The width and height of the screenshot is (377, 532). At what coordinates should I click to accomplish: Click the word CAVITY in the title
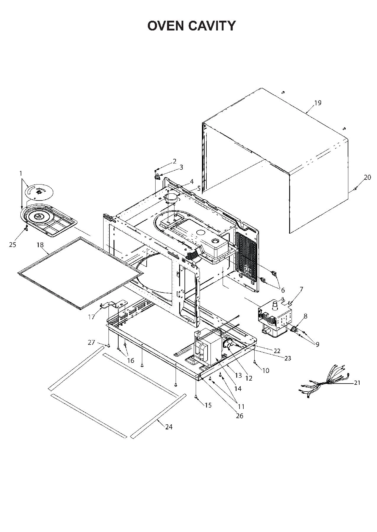coord(212,26)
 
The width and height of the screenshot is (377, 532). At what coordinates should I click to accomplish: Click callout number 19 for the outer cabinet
coord(318,103)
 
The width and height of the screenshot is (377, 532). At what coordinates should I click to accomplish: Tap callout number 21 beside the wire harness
coord(357,383)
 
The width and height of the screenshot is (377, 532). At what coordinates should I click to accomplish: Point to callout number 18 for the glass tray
coord(40,245)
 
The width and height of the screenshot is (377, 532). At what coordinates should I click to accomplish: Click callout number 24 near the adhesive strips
coord(169,427)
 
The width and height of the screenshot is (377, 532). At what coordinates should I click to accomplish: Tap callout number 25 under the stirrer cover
coord(13,245)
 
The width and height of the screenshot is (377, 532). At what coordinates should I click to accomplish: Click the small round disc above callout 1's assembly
coord(39,192)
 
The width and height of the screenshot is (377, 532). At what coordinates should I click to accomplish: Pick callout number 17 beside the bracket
coord(91,317)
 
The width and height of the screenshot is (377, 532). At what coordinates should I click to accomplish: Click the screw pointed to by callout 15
coord(196,397)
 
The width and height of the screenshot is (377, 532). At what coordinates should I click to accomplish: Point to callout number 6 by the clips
coord(283,290)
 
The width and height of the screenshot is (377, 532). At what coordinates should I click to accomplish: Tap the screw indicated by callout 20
coord(355,189)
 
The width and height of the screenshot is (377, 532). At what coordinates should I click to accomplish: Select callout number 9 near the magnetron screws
coord(317,344)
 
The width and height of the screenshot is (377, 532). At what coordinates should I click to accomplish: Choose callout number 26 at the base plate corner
coord(240,416)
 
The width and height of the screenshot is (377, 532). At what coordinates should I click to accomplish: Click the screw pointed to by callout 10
coord(255,362)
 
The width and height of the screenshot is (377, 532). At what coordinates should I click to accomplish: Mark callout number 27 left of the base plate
coord(91,342)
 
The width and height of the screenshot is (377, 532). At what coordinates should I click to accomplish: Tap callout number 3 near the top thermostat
coord(181,167)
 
